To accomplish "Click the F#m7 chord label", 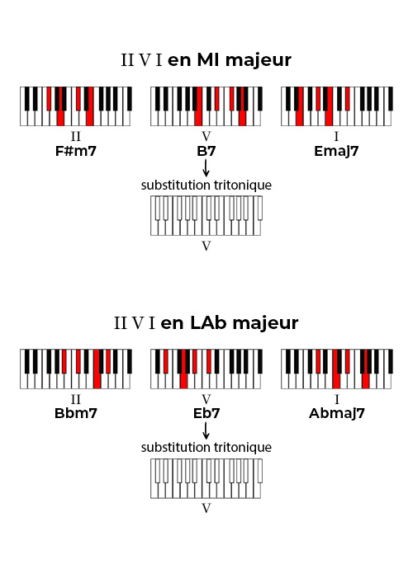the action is point(76,152).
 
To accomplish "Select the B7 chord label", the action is point(206,152).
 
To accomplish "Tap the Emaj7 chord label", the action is point(336,152).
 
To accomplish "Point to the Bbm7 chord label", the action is point(76,413).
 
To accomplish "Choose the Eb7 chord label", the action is point(206,413).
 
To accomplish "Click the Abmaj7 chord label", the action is point(337,413).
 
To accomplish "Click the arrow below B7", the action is point(206,167).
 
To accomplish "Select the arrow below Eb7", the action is point(206,430).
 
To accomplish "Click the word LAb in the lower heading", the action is point(208,322).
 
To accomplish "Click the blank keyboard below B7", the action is point(206,216).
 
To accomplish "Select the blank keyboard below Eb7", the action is point(206,478).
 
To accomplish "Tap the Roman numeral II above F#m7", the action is point(76,136).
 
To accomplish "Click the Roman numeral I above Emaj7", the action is point(337,136).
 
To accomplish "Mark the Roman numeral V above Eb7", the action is point(206,399).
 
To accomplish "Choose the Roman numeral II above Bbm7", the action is point(76,399).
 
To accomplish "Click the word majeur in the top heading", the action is point(259,61).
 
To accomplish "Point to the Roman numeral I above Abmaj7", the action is point(337,399).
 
